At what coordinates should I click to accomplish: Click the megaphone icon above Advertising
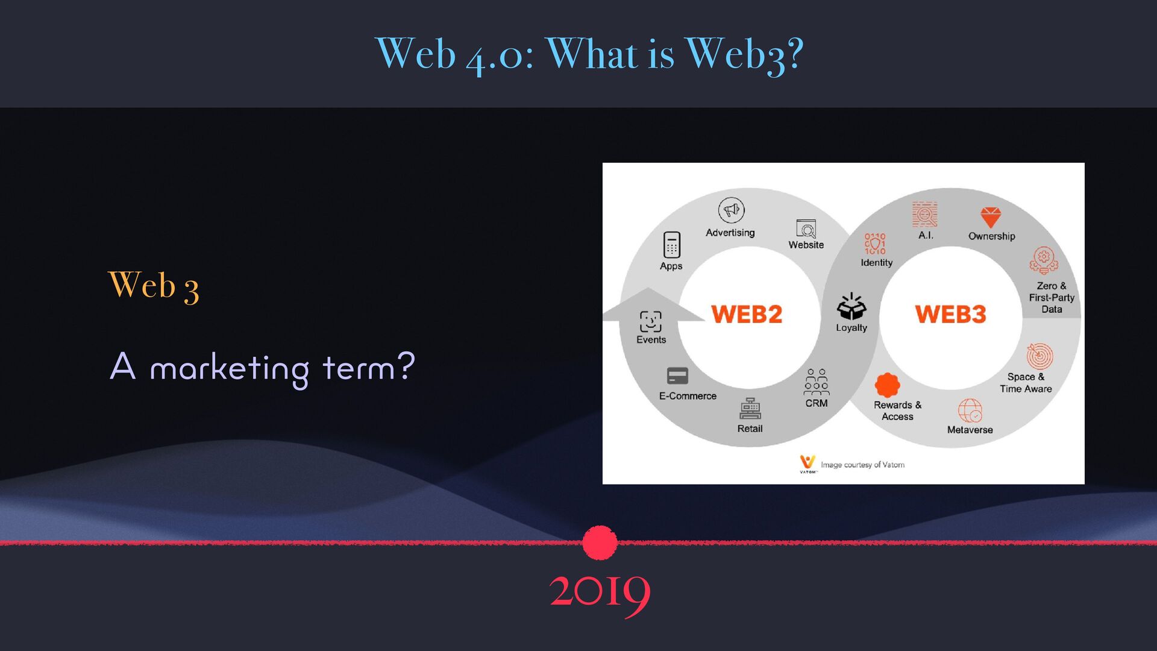731,210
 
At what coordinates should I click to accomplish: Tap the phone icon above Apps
671,245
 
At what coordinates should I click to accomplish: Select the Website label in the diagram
806,245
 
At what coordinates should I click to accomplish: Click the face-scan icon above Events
651,321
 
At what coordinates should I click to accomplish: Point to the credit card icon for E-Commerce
678,376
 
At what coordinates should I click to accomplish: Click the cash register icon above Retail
750,409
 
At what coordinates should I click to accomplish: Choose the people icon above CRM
817,382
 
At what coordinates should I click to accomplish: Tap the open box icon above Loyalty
851,306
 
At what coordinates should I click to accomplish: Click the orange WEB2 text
747,314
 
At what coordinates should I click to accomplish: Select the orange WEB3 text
950,314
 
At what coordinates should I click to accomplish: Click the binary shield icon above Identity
875,244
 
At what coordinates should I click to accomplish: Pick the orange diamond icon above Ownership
990,217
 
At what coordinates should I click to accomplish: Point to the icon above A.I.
924,215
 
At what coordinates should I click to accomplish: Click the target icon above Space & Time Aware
1040,356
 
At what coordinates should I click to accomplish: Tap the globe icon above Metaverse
970,410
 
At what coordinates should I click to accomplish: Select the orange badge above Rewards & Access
887,385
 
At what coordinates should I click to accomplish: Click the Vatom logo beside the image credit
807,464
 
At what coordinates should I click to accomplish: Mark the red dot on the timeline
600,542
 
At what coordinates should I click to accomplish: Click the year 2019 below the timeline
600,592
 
